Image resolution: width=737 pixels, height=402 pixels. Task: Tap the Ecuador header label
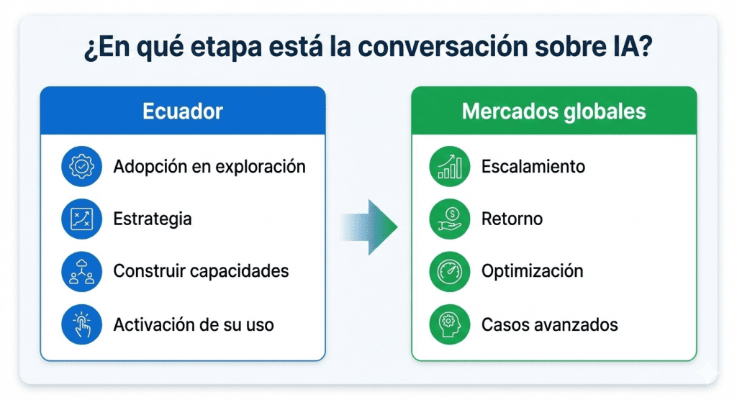(182, 111)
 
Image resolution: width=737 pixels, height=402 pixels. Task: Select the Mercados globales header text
(553, 111)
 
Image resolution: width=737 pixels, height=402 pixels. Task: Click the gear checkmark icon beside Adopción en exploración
(82, 166)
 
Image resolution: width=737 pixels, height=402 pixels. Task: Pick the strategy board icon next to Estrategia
(82, 219)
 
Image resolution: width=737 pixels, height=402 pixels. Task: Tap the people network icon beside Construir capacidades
(82, 271)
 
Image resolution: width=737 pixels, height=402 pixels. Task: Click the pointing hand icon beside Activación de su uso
(82, 324)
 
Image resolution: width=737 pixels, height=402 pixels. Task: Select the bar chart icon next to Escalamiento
(450, 166)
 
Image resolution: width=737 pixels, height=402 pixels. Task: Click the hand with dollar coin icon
(450, 219)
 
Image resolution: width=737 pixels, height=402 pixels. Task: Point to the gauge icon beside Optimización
(450, 271)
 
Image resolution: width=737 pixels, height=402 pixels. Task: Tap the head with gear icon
(450, 324)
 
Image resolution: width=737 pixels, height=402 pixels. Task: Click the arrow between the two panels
(368, 227)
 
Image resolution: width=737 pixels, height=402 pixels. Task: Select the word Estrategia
(153, 219)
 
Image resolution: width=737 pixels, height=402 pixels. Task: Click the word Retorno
(512, 219)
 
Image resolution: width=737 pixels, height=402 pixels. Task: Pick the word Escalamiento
(533, 166)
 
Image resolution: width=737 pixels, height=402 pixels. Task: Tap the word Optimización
(532, 271)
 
